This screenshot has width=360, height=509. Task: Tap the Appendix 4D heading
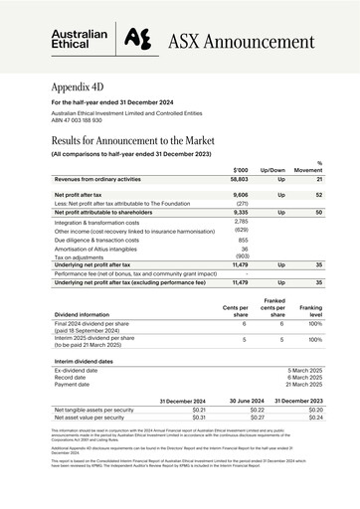click(85, 86)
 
